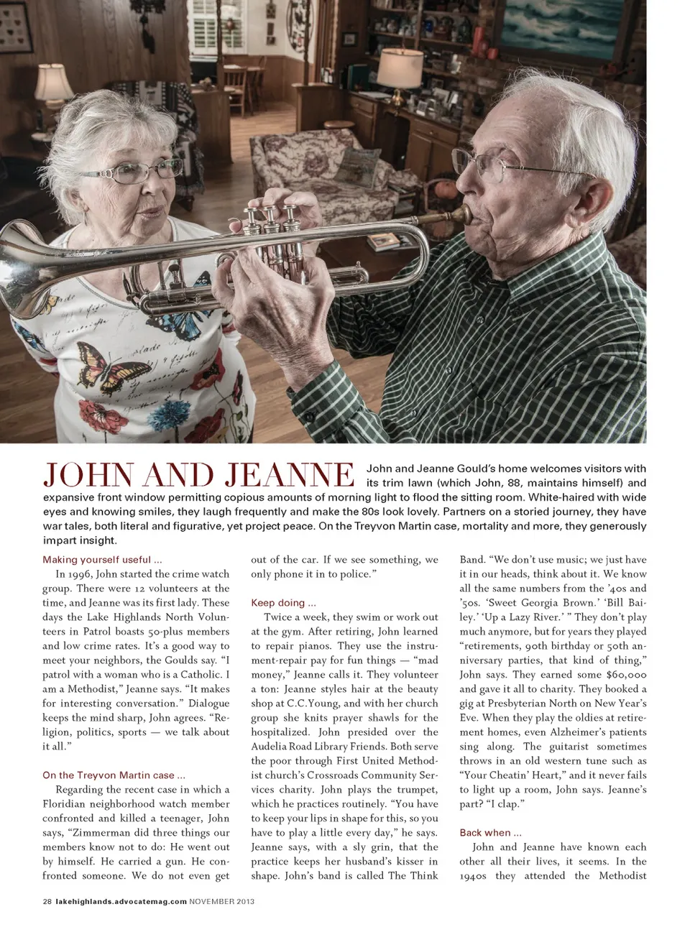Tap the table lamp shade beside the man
tap(400, 68)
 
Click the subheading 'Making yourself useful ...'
tap(102, 560)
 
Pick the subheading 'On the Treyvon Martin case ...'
tap(114, 775)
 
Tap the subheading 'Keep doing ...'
tap(283, 603)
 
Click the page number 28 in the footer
tap(47, 901)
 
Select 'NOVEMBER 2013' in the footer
tap(221, 901)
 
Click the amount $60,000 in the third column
tap(626, 675)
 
